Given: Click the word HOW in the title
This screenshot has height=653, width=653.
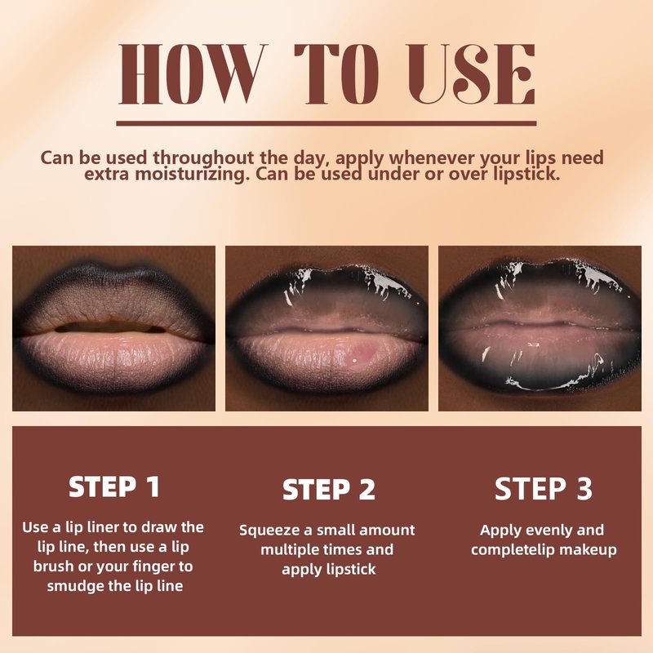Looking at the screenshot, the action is (193, 73).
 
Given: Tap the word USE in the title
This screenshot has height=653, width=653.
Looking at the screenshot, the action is (472, 73).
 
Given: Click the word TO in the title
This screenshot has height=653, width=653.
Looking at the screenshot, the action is (337, 73).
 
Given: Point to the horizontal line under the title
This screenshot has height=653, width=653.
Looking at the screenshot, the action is (326, 123).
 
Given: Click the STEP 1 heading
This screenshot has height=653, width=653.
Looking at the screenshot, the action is (114, 486).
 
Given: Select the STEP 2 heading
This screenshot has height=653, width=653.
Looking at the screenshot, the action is (329, 489).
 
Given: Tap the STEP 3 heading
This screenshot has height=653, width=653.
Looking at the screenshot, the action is (543, 488).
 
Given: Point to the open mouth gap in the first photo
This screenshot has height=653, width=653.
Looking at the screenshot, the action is (110, 327).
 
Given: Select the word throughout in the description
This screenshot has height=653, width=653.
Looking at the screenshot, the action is (203, 158).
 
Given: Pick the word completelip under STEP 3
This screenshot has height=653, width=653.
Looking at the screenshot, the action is (513, 549).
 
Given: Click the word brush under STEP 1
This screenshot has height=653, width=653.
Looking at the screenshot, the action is (54, 566).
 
